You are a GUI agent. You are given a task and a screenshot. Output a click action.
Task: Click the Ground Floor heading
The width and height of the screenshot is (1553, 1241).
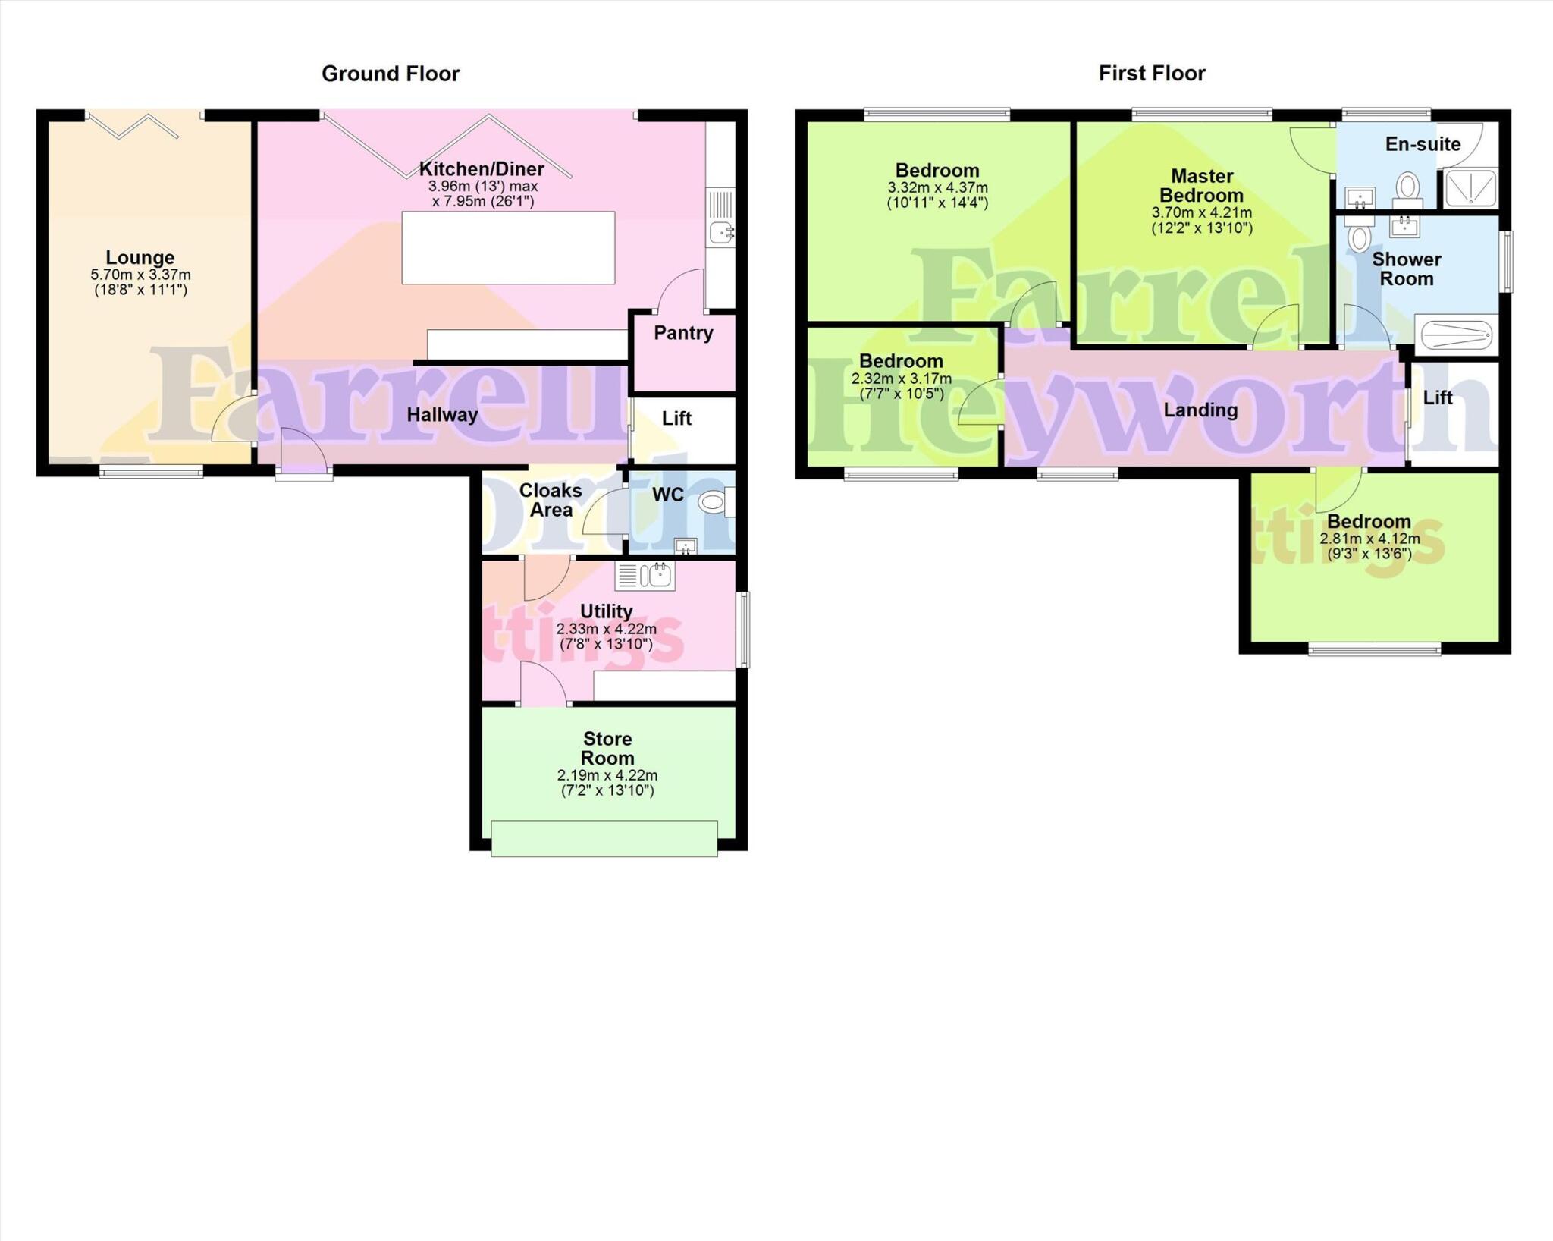[390, 74]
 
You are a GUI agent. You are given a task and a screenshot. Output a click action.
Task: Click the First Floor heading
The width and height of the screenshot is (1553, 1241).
[1151, 74]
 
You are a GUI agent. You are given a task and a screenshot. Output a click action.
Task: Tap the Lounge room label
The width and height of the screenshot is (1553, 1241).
[140, 258]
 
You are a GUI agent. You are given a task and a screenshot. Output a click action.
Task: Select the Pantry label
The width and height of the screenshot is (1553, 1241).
[683, 333]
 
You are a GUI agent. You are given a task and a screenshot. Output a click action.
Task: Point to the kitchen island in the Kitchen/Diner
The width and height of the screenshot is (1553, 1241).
[508, 248]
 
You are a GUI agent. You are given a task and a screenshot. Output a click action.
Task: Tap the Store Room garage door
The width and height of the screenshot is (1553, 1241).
[604, 838]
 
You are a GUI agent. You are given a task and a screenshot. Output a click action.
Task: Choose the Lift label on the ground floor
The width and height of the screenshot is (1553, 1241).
[676, 419]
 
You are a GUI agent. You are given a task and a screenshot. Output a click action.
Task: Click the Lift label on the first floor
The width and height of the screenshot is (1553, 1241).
[1437, 398]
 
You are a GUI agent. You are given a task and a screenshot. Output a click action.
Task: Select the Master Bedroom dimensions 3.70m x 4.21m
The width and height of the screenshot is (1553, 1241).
[1202, 214]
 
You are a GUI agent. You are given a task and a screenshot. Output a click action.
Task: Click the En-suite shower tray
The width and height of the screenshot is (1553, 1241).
[1470, 188]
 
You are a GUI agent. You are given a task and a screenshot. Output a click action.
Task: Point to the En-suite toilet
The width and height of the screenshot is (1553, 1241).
[1408, 187]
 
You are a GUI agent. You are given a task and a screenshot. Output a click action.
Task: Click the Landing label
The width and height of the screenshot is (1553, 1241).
[1200, 410]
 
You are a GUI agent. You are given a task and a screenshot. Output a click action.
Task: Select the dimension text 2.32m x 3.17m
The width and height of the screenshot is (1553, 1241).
[902, 379]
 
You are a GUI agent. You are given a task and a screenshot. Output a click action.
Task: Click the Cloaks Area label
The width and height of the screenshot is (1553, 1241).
[551, 501]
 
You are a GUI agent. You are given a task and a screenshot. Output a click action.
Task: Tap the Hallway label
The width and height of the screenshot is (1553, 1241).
[442, 415]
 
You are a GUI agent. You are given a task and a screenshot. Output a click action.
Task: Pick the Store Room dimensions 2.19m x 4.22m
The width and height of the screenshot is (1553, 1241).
[607, 776]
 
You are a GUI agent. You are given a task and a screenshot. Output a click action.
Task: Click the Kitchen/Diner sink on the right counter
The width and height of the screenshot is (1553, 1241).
[720, 232]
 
